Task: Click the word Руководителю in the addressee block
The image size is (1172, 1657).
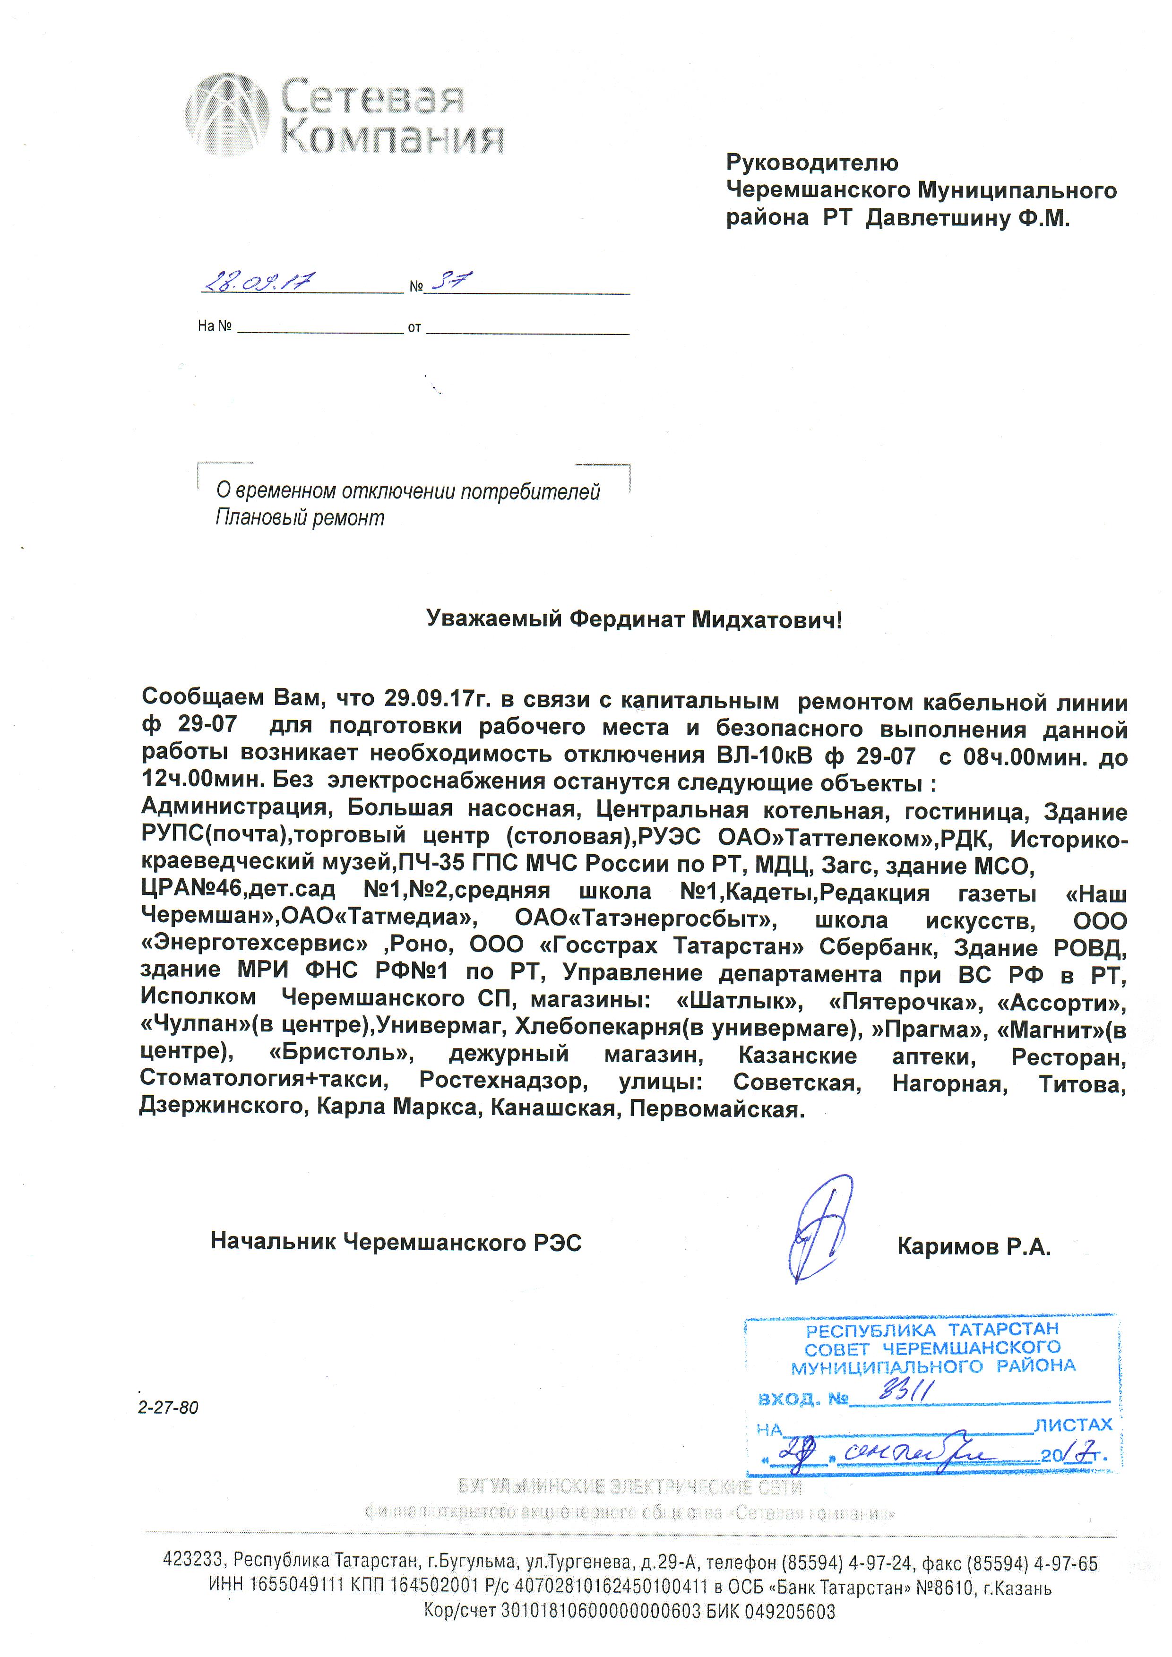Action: point(812,163)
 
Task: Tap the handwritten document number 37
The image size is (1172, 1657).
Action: point(448,280)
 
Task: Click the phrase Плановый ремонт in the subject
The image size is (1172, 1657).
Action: point(300,517)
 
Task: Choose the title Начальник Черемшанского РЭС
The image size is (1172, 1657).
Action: point(396,1241)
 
